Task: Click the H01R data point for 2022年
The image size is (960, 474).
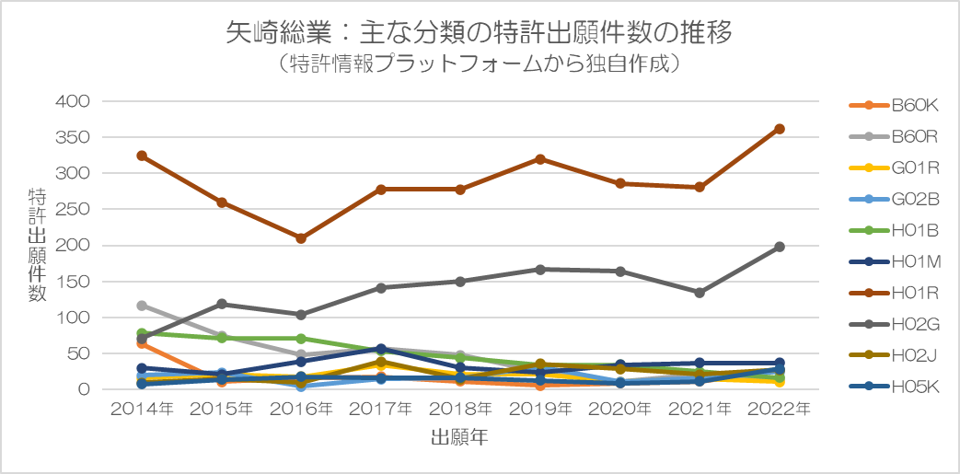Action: tap(779, 129)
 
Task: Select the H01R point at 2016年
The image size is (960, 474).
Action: tap(301, 238)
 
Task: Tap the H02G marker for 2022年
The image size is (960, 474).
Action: tap(779, 247)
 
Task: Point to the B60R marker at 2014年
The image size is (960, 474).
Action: tap(142, 305)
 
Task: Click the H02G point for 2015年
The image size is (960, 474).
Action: tap(222, 304)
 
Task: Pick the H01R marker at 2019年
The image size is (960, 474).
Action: tap(540, 159)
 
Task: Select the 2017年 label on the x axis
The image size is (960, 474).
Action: tap(380, 408)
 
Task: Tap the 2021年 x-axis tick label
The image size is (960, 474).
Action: tap(699, 408)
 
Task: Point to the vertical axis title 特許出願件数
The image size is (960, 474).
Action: tap(38, 244)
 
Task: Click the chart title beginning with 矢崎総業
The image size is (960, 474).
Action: tap(479, 34)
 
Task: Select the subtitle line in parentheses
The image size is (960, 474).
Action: tap(479, 64)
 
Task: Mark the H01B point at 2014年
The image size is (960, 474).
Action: tap(142, 333)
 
